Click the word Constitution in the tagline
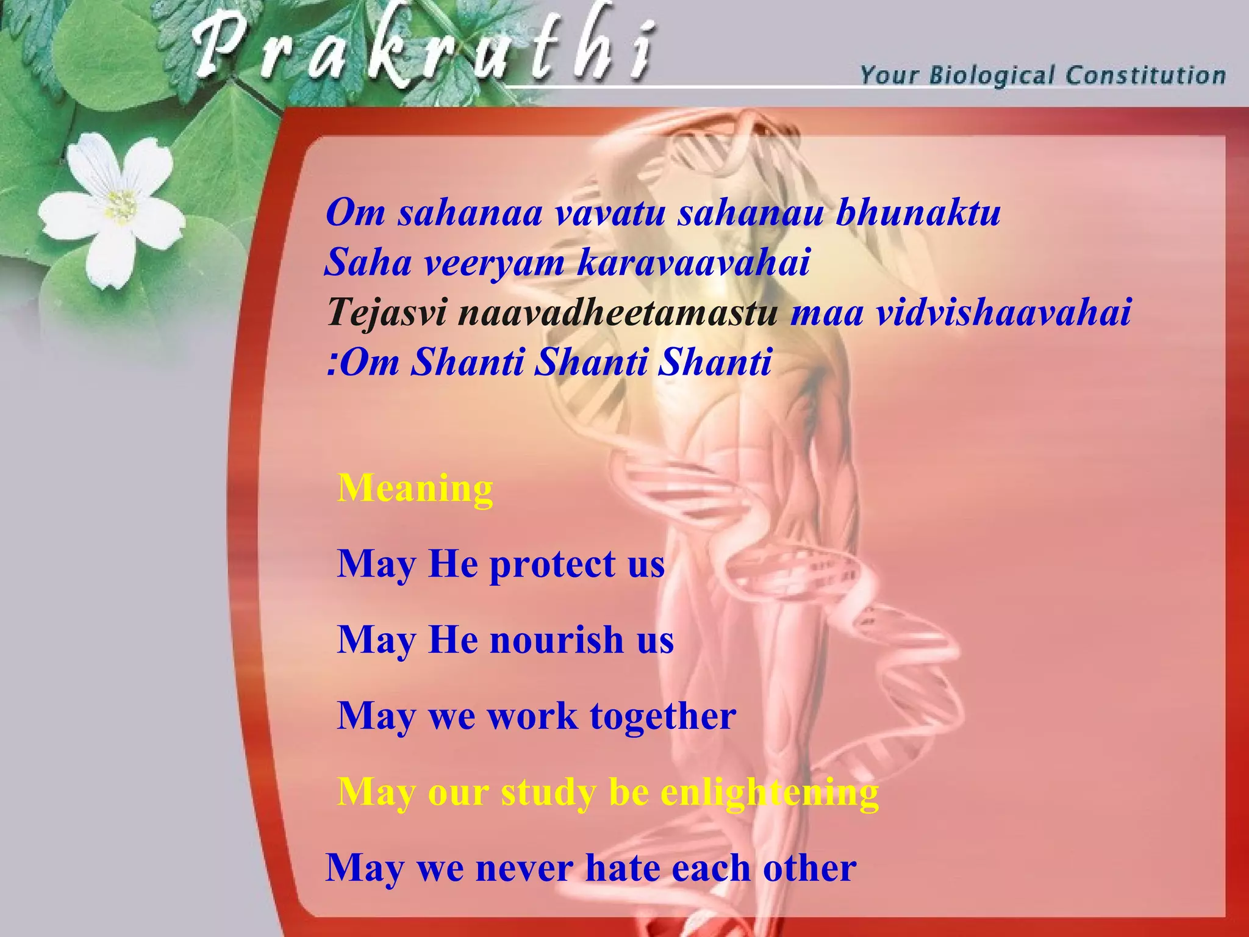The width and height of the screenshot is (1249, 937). click(x=1145, y=75)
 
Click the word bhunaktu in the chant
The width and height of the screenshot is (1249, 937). click(x=917, y=214)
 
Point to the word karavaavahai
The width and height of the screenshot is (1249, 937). click(x=693, y=263)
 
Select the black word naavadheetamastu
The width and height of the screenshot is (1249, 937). click(x=617, y=312)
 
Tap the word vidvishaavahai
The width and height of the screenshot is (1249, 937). click(x=1003, y=312)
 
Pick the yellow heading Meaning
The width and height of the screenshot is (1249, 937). click(x=415, y=488)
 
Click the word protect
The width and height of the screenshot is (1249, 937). click(x=552, y=564)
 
